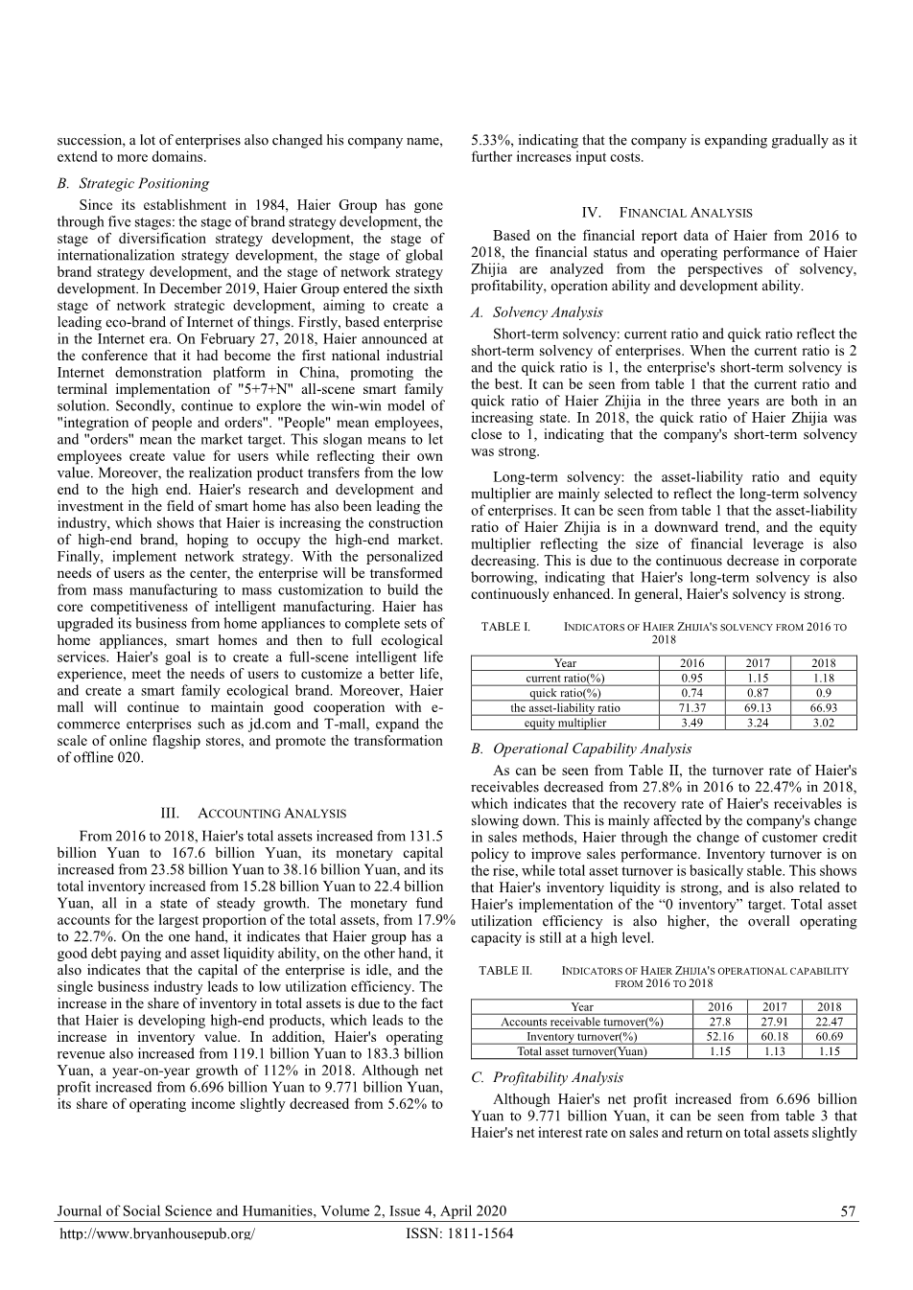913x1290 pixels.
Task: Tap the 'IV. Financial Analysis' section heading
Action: (667, 213)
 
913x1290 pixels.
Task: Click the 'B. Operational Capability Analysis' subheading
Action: (581, 749)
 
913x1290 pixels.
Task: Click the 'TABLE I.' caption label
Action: (505, 627)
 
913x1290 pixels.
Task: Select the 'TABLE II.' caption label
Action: (505, 971)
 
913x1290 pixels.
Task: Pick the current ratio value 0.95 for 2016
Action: (691, 678)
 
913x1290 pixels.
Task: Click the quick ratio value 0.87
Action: (757, 693)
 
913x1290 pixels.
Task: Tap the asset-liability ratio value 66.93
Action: (823, 707)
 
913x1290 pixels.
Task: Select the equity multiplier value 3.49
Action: (691, 723)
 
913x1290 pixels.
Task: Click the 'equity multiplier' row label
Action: (565, 723)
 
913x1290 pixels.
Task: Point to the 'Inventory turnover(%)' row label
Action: (581, 1036)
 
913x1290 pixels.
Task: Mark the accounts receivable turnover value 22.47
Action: (829, 1022)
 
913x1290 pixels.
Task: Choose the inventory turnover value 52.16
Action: (719, 1036)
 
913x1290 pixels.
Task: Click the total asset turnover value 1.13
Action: (774, 1051)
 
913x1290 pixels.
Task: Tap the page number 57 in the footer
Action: (848, 1211)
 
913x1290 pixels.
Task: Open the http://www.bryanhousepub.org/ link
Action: (157, 1233)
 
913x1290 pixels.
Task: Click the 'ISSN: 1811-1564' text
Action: (459, 1233)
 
